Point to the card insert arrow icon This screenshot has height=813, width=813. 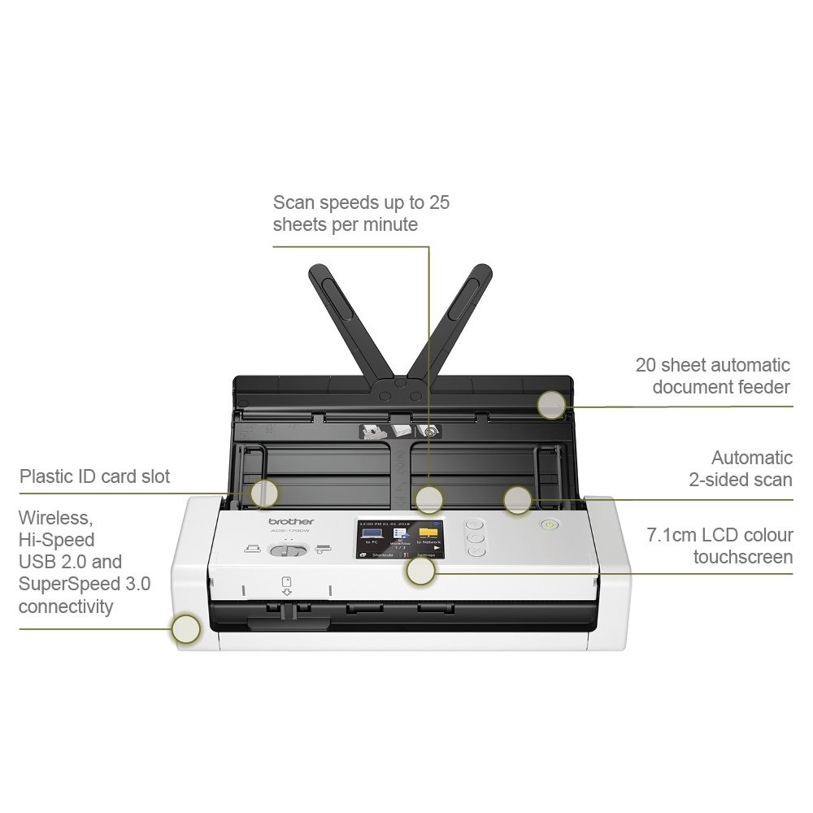tap(286, 586)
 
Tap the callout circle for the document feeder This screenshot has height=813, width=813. tap(551, 403)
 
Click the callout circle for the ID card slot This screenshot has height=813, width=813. tap(264, 493)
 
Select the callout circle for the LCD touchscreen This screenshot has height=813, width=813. tap(420, 572)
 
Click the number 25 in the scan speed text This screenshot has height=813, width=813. tap(437, 202)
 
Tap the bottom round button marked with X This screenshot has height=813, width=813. tap(477, 551)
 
